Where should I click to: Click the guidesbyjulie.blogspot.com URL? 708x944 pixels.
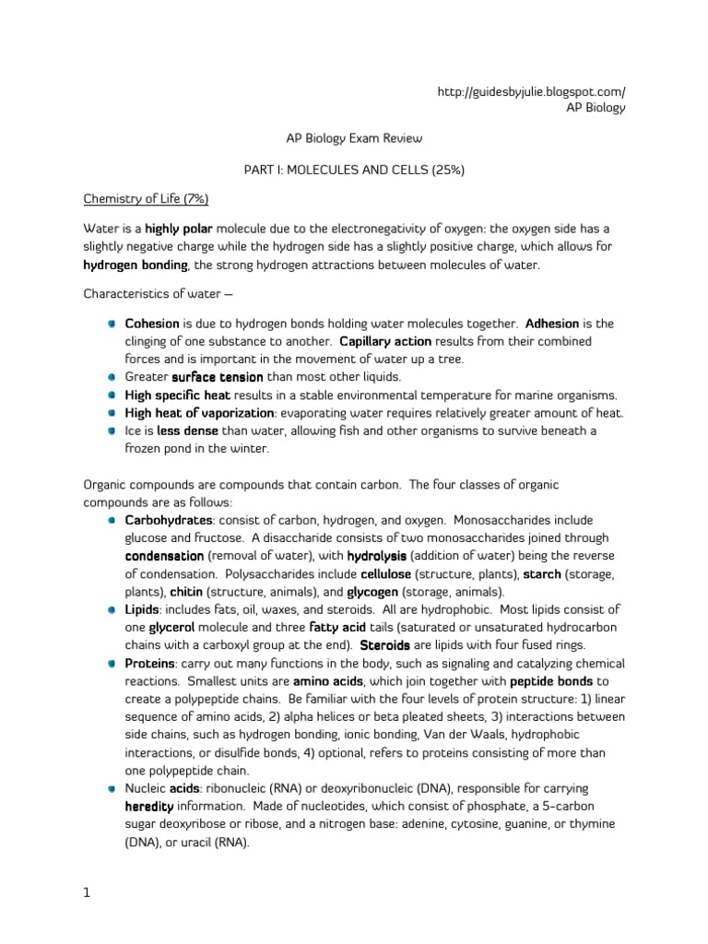click(x=533, y=91)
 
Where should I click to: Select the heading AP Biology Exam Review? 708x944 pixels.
click(x=353, y=138)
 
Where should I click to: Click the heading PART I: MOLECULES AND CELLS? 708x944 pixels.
click(x=354, y=171)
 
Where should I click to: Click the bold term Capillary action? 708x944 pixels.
click(x=379, y=341)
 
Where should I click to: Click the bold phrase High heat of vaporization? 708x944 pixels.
click(x=199, y=412)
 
